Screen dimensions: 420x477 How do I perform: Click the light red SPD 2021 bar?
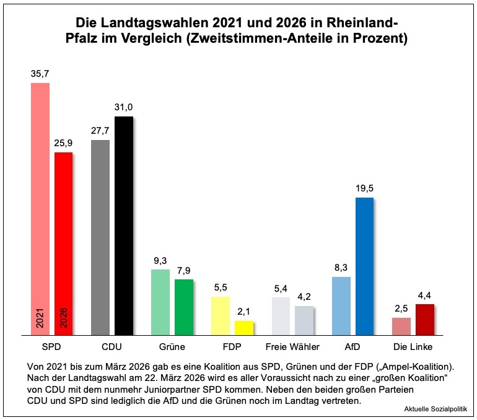point(40,204)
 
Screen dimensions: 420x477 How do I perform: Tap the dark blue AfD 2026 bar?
point(364,266)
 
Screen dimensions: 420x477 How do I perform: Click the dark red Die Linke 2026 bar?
point(424,319)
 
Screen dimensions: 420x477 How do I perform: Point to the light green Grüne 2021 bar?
point(160,302)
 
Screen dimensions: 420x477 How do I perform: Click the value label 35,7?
point(40,74)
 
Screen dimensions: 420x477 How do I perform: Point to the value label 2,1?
point(244,312)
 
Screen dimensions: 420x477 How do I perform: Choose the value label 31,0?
point(123,107)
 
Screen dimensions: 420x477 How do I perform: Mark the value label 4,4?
point(424,295)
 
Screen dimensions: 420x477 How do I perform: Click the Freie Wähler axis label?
point(292,347)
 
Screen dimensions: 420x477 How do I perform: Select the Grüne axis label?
point(172,347)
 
